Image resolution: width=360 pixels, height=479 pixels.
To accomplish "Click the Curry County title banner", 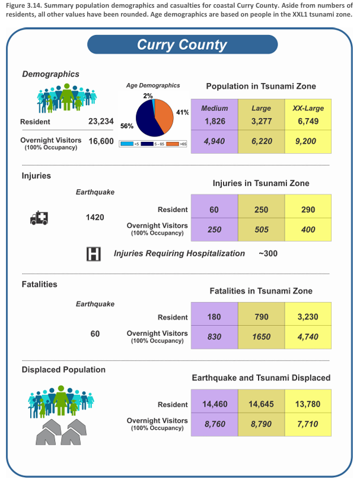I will click(x=182, y=45).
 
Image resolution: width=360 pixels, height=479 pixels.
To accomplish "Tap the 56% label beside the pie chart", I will click(x=127, y=126).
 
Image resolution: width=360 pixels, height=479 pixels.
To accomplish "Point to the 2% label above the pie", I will click(x=148, y=96).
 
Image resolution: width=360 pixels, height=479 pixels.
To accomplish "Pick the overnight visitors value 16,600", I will click(x=101, y=142).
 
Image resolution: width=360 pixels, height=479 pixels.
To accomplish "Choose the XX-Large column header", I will click(x=308, y=108).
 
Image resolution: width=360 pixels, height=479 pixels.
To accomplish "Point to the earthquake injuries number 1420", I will click(x=95, y=217).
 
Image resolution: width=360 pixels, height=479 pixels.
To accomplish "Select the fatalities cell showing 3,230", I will click(x=308, y=318).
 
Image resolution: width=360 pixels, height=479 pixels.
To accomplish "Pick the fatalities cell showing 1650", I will click(x=261, y=337).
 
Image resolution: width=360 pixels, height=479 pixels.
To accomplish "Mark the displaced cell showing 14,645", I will click(x=261, y=404).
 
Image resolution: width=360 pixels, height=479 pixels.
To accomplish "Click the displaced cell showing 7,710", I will click(x=308, y=424).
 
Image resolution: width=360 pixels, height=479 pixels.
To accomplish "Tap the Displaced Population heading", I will click(x=63, y=369).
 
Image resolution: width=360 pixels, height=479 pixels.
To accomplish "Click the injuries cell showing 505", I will click(x=261, y=229).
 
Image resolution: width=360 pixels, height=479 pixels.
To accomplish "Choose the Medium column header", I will click(x=215, y=108).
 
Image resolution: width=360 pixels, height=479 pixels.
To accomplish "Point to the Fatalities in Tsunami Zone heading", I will click(x=261, y=291).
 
